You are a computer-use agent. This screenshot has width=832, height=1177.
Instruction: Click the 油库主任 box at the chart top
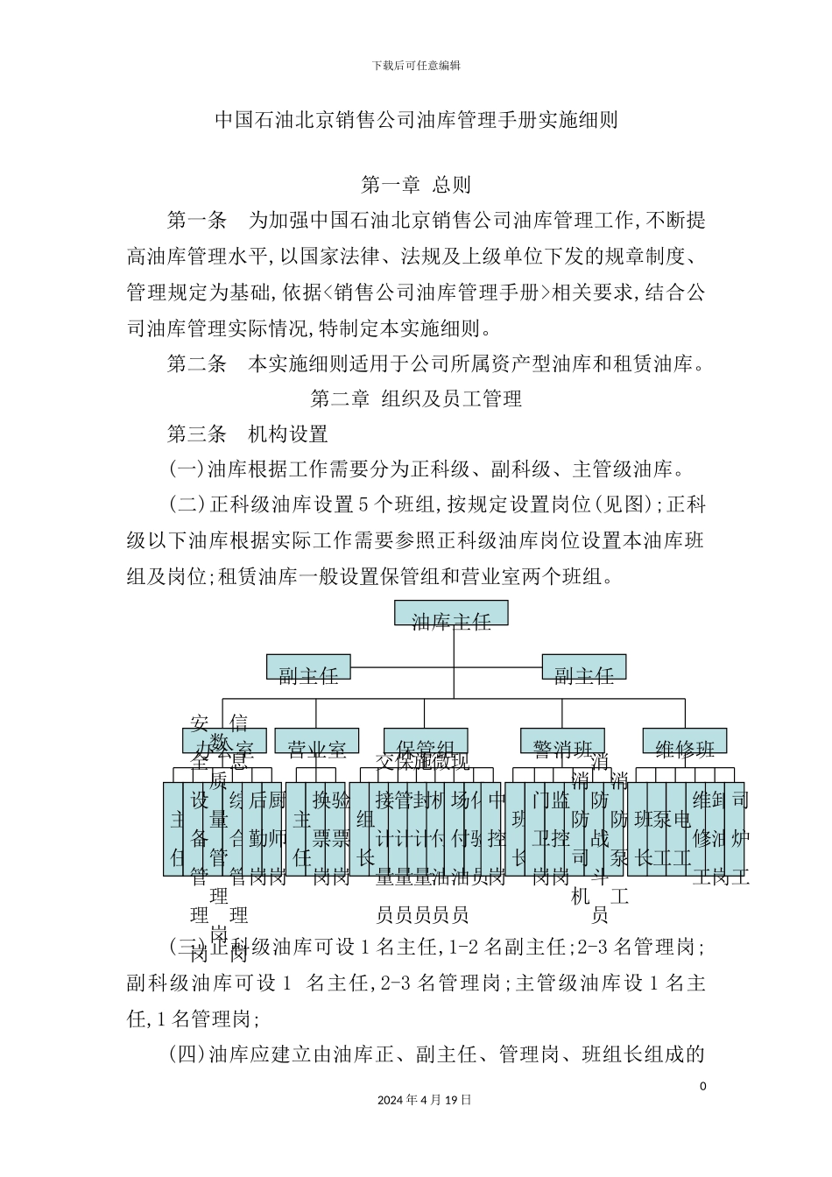point(451,614)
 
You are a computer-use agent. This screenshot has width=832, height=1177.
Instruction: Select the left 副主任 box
point(308,667)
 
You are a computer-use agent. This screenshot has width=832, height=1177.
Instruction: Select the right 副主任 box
point(583,667)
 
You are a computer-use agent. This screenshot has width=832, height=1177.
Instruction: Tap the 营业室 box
point(316,741)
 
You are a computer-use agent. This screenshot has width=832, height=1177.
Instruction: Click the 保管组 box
point(425,741)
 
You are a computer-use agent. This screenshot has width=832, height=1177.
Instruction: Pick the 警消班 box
point(563,741)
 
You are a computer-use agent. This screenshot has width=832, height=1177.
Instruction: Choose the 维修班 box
point(684,741)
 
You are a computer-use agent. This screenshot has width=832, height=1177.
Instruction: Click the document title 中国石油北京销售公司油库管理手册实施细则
point(416,120)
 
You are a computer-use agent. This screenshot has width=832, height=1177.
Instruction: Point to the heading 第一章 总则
point(416,185)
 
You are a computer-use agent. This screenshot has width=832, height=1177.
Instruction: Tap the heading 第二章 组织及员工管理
point(416,399)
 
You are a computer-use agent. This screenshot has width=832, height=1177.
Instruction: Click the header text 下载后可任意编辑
point(416,65)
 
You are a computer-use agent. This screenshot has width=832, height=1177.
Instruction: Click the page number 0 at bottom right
point(702,1087)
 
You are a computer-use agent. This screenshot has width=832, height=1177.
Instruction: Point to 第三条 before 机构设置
point(197,434)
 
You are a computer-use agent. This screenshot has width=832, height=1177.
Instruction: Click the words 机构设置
point(288,434)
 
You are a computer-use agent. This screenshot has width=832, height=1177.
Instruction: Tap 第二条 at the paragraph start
point(197,364)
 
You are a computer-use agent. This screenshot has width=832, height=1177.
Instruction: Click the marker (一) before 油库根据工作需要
point(187,470)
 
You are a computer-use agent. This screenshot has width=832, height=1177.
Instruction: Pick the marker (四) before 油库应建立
point(187,1054)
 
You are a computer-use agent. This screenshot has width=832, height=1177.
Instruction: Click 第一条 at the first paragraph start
point(197,221)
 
